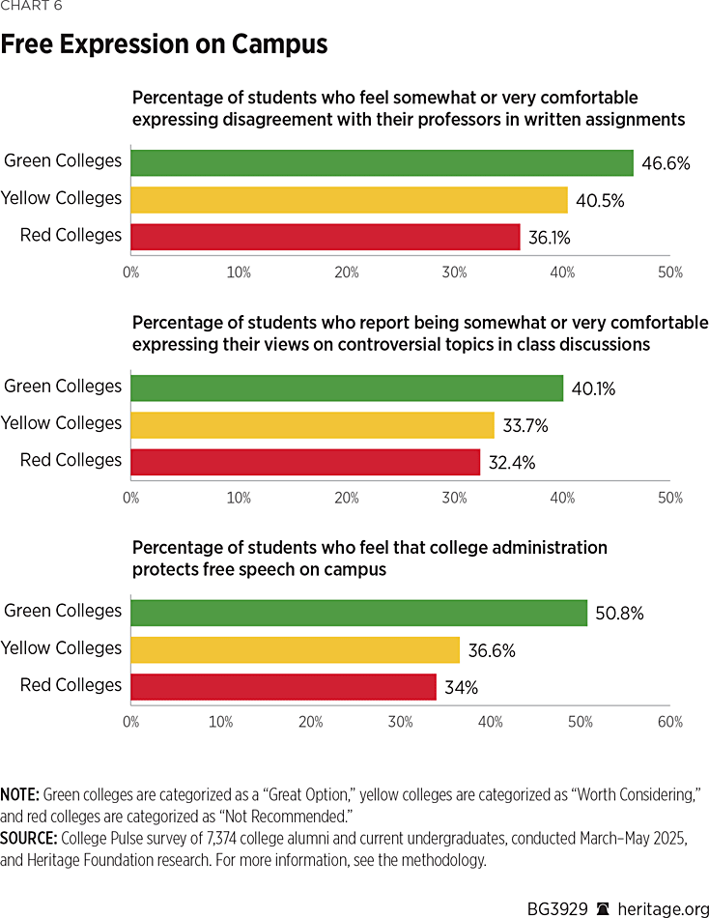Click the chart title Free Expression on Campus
(164, 44)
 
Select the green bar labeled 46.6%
(382, 162)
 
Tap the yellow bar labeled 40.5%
(349, 199)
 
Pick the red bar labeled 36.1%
(326, 237)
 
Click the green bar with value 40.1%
(347, 387)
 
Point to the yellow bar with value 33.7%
(312, 424)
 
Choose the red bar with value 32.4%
(305, 462)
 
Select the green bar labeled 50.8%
(358, 613)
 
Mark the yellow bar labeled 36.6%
(295, 649)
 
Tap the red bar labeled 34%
(283, 687)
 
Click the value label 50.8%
(619, 614)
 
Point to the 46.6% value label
(666, 163)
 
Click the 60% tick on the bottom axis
(669, 722)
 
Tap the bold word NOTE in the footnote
(19, 792)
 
